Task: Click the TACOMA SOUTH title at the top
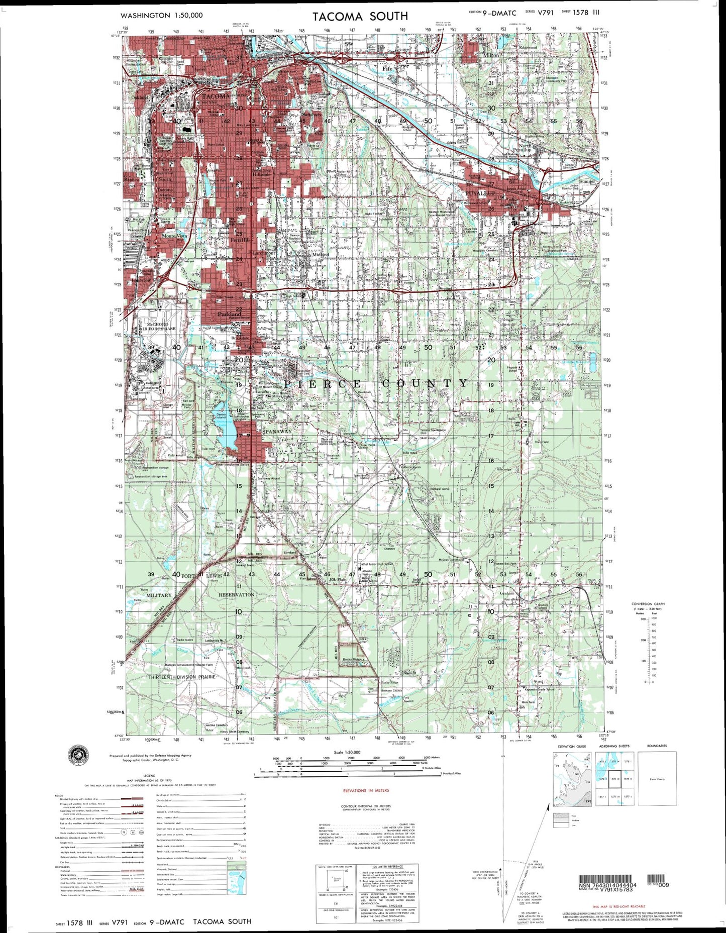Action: click(x=360, y=16)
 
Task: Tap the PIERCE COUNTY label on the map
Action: click(x=376, y=383)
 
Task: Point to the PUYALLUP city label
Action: click(x=480, y=193)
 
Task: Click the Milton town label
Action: click(x=491, y=55)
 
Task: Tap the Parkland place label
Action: click(x=229, y=314)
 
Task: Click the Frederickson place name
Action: click(x=409, y=467)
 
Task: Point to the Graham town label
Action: click(x=493, y=593)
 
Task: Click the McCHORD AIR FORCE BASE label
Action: click(x=158, y=326)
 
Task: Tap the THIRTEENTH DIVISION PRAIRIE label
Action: click(x=182, y=677)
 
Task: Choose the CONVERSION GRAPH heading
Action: click(x=648, y=603)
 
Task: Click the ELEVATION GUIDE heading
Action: click(x=572, y=746)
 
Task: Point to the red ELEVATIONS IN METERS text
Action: click(x=362, y=790)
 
